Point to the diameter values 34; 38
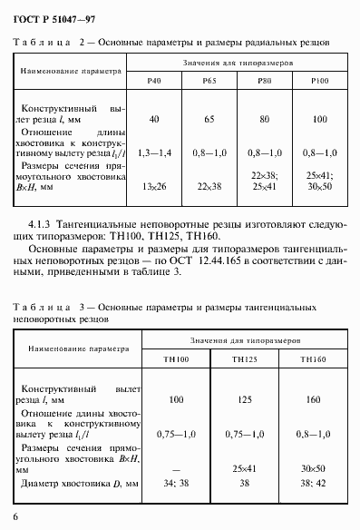pos(177,484)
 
